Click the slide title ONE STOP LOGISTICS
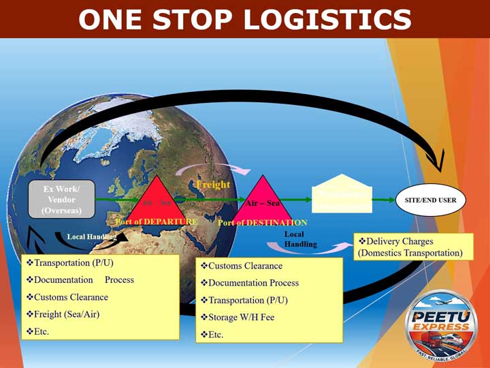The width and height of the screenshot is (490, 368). tap(245, 19)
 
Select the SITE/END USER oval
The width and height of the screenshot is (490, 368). tap(430, 200)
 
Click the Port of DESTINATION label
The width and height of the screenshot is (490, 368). tap(263, 223)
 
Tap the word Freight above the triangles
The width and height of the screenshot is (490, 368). tap(213, 184)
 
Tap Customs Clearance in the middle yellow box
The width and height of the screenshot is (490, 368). tap(241, 266)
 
